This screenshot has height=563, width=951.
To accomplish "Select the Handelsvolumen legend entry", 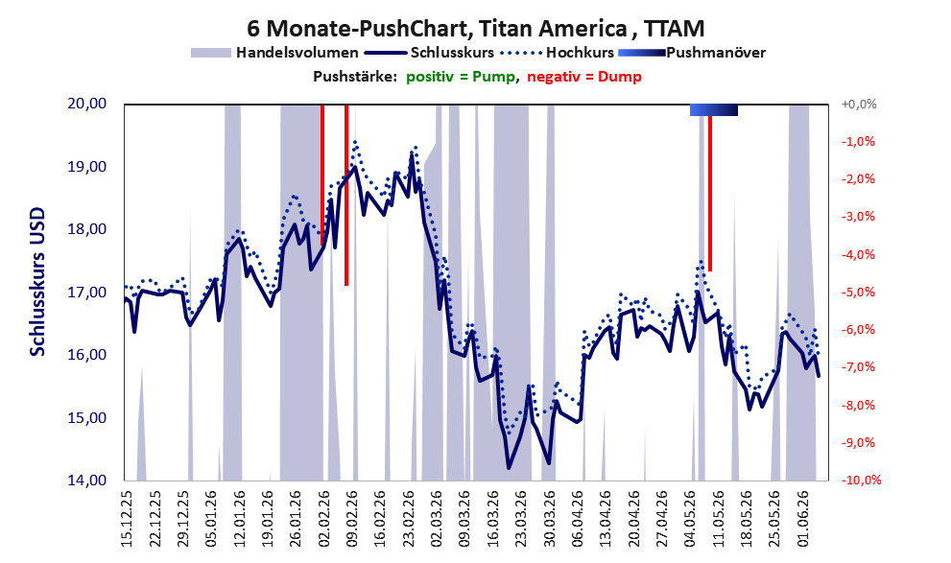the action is coord(274,53).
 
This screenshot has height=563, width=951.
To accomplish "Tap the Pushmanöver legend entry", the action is coord(692,53).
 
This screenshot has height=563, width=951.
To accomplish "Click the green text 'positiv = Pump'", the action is coord(460,77).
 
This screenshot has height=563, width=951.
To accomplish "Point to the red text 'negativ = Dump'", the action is coord(584,77).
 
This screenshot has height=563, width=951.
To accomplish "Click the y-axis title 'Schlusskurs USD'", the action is coord(37,282).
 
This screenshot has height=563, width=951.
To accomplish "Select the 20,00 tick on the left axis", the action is coord(86,104).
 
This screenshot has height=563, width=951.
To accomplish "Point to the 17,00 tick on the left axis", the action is coord(86,293).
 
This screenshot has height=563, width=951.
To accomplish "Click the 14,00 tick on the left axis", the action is coord(86,480).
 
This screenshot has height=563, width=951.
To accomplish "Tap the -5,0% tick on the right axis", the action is coord(858,293).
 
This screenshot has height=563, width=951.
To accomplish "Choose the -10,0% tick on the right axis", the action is coord(861,480).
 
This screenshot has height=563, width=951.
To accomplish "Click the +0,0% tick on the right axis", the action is coord(859,105).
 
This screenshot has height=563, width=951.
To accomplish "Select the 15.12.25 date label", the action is coord(127,518).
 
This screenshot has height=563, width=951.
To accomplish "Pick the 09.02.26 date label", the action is coord(352,518).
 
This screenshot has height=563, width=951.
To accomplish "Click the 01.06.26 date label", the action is coord(803,518).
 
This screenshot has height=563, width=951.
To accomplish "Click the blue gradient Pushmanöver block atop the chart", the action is coord(714,109).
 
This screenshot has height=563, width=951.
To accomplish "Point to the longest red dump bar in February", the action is coord(346,195).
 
